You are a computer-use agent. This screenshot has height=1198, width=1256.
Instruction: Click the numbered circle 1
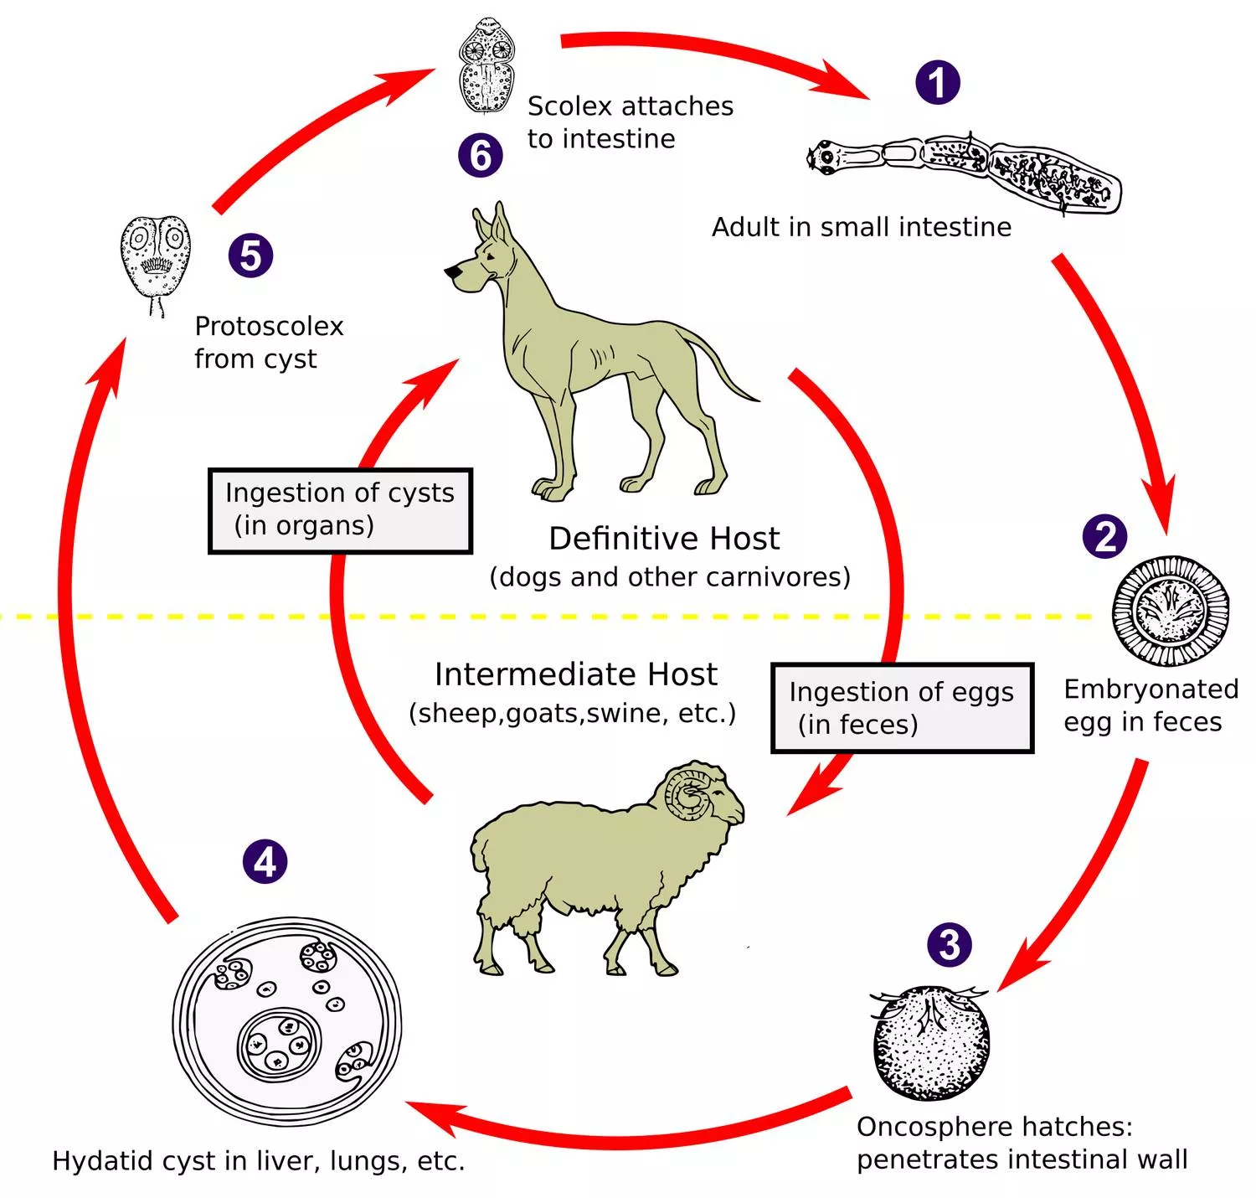point(937,82)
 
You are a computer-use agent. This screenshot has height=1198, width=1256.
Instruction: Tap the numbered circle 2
point(1104,536)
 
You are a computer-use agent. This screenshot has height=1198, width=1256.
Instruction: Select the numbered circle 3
point(950,944)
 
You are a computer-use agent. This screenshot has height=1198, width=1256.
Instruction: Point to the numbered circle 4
point(265,861)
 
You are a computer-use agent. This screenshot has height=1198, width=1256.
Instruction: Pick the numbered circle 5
point(250,255)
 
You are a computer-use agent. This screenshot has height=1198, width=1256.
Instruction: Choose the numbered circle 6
point(481,155)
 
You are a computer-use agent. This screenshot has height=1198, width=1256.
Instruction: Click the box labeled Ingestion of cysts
point(340,510)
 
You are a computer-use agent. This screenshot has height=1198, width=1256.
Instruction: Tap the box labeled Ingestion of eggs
point(902,708)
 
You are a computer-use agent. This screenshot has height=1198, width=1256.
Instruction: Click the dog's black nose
point(451,271)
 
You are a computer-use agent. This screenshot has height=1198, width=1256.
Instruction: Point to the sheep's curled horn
point(688,792)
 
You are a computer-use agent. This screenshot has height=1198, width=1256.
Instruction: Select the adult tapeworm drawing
point(963,172)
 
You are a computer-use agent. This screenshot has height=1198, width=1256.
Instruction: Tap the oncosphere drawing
point(930,1042)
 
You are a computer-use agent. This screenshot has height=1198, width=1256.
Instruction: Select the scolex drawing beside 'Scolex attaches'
point(485,65)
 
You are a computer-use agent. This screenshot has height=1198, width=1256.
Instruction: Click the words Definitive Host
point(664,539)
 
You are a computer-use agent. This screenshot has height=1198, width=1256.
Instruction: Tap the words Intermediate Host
point(575,674)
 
